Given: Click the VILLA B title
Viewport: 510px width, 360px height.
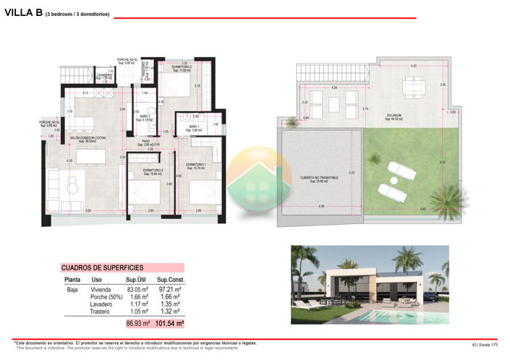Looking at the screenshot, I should pos(23,12).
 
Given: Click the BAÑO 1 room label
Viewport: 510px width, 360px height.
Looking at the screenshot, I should pos(194,127).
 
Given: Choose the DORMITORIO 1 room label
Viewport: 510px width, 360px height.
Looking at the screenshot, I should pos(196,166).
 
